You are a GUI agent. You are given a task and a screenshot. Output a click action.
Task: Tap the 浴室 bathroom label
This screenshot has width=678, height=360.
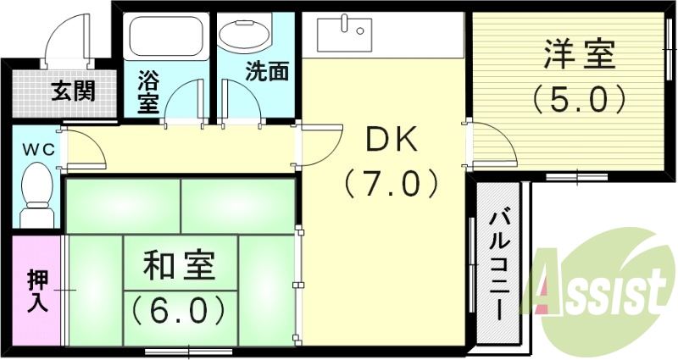(148, 93)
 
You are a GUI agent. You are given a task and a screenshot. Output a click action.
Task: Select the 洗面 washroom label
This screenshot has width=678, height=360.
(266, 70)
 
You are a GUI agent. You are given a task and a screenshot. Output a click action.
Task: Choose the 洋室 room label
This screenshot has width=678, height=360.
(579, 58)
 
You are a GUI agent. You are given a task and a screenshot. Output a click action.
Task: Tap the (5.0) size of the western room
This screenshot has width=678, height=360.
(579, 100)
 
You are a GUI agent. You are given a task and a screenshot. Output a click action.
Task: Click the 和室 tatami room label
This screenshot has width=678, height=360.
(179, 267)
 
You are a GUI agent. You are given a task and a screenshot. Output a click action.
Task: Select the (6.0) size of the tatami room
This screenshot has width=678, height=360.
(179, 309)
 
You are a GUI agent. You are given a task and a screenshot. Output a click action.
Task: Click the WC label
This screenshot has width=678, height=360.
(38, 149)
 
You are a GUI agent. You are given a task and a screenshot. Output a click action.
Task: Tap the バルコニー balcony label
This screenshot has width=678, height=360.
(499, 262)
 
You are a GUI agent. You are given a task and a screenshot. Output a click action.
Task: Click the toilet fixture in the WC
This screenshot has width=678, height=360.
(35, 191)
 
